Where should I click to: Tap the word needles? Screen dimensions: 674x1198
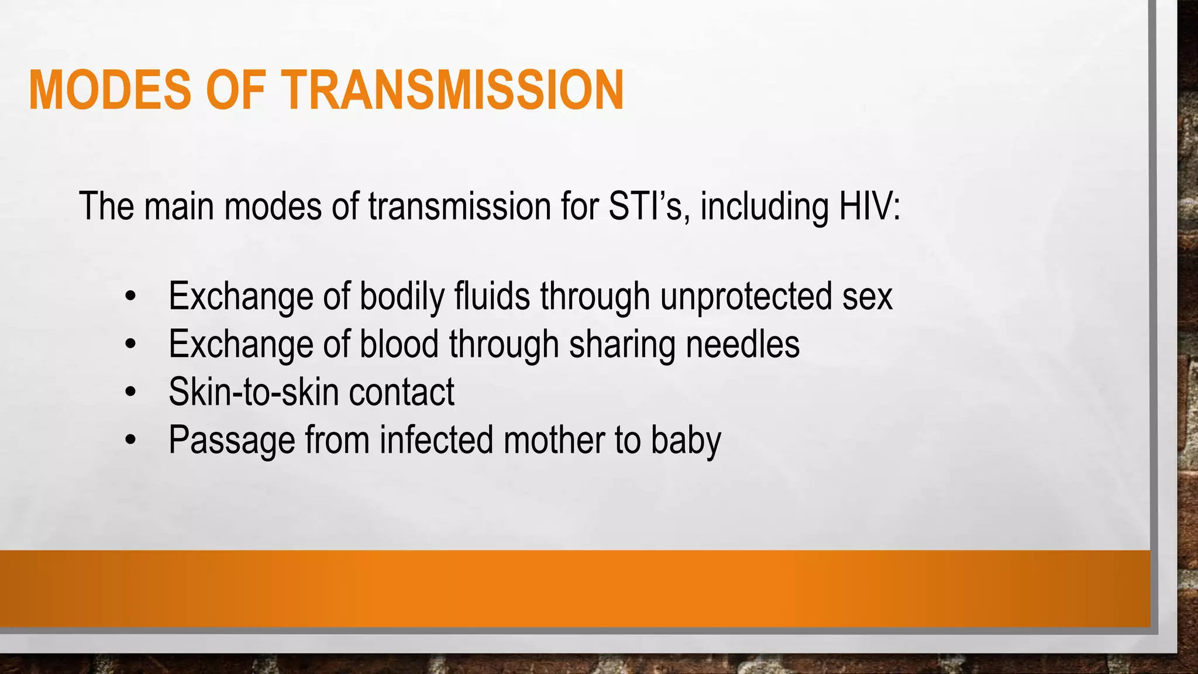[742, 344]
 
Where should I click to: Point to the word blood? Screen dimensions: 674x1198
[399, 344]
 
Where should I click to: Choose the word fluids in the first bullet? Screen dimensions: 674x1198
[492, 297]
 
